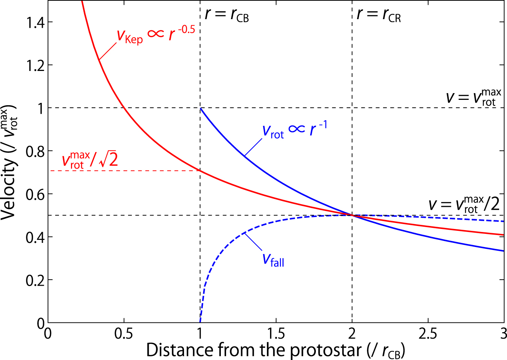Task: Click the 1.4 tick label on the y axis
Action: (35, 23)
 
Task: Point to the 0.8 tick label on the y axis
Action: (35, 151)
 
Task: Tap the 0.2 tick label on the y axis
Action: (35, 280)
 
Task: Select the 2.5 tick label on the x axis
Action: (428, 333)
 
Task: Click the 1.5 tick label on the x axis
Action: (276, 333)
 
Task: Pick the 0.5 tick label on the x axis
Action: (124, 333)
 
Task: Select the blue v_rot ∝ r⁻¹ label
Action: (294, 130)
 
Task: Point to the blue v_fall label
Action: (273, 259)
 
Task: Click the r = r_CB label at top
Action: (227, 15)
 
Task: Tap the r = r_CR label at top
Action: (379, 15)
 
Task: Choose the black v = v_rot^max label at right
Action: (473, 97)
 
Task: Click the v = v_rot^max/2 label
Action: (464, 205)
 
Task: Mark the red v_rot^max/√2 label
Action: (90, 160)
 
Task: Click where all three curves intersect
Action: (352, 215)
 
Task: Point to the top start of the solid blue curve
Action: (201, 108)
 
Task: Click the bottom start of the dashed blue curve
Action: (200, 321)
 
